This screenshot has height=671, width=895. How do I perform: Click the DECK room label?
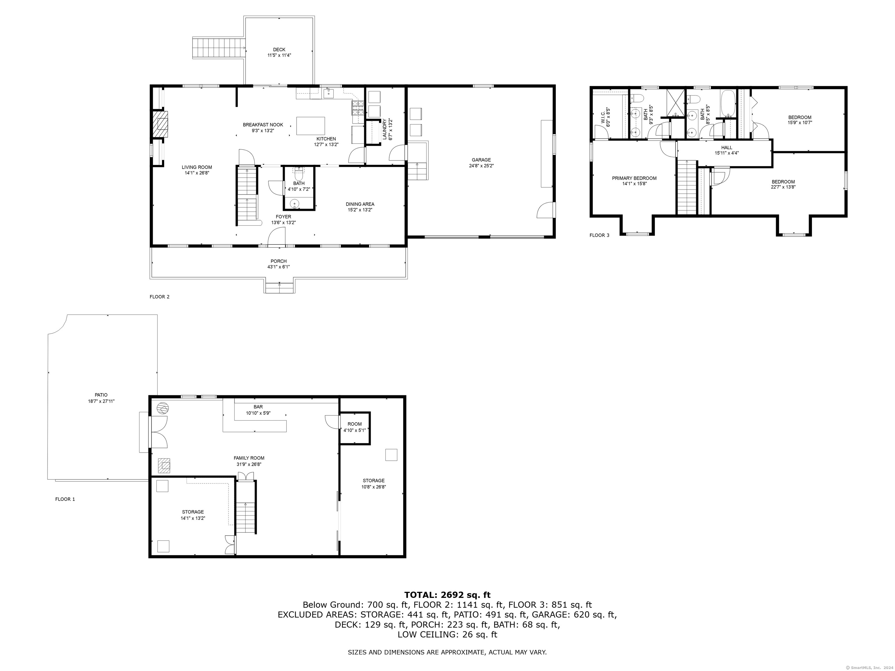pos(279,50)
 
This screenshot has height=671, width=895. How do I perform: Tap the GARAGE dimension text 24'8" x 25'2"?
pos(481,165)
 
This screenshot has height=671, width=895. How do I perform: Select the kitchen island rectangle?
pos(310,126)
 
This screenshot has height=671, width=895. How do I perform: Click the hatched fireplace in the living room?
pos(161,124)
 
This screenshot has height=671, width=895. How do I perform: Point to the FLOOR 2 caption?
pos(159,296)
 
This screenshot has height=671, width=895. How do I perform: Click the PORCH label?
pos(278,261)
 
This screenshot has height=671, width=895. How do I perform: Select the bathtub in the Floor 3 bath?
pos(727,103)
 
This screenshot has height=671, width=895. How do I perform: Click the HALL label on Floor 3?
pos(726,148)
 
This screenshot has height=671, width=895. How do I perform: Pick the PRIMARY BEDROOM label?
pos(634,178)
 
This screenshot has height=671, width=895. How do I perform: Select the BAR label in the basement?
pos(258,407)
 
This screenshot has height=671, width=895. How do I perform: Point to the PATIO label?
pos(101,395)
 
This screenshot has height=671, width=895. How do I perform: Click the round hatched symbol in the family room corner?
pos(162,408)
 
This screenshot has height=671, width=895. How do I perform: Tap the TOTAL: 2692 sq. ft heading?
pos(447,595)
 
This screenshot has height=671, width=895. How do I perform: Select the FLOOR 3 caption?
pos(599,235)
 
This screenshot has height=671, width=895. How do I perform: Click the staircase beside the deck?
pos(218,48)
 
